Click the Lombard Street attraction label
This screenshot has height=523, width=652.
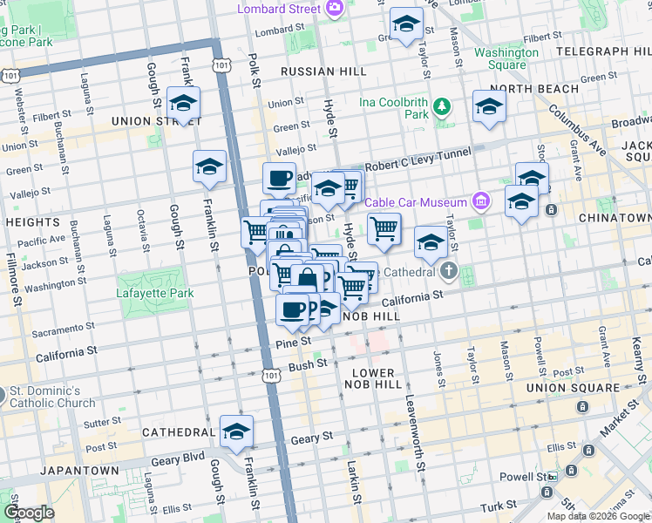[x=281, y=9]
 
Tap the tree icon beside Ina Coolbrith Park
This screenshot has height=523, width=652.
[x=443, y=107]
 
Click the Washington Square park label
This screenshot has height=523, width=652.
[x=506, y=58]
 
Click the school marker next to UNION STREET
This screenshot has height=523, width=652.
[x=183, y=104]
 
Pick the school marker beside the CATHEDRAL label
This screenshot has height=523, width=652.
[x=236, y=431]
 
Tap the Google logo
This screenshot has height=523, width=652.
[x=30, y=513]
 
